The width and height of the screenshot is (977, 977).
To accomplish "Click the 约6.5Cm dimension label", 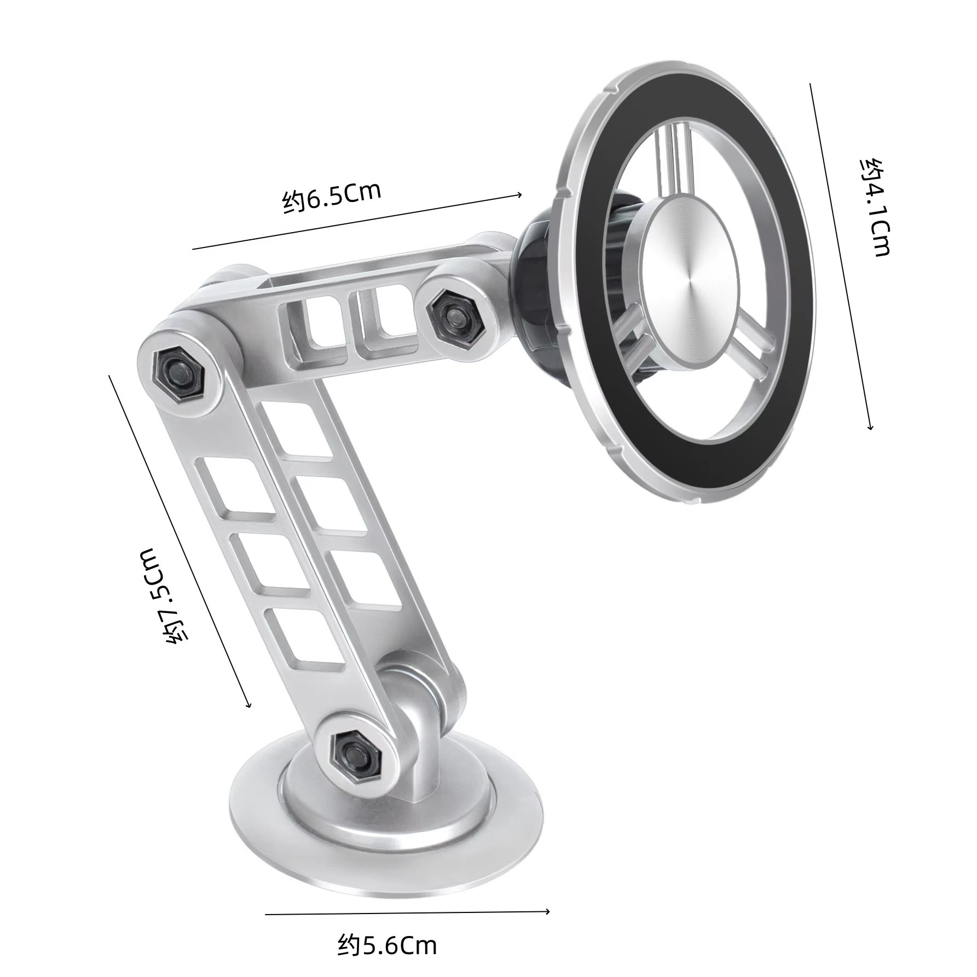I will pyautogui.click(x=332, y=198).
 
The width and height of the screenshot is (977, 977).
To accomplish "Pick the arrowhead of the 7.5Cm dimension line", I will pyautogui.click(x=249, y=706).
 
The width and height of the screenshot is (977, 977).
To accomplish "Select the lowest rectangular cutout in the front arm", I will pyautogui.click(x=304, y=635).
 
